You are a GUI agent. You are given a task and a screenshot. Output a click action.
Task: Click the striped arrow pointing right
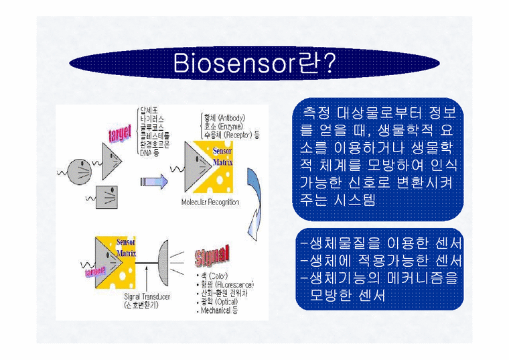pos(153,181)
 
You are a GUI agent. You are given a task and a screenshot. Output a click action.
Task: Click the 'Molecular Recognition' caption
pos(210,201)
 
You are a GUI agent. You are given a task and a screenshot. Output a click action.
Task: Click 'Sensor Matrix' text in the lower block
pos(127,248)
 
